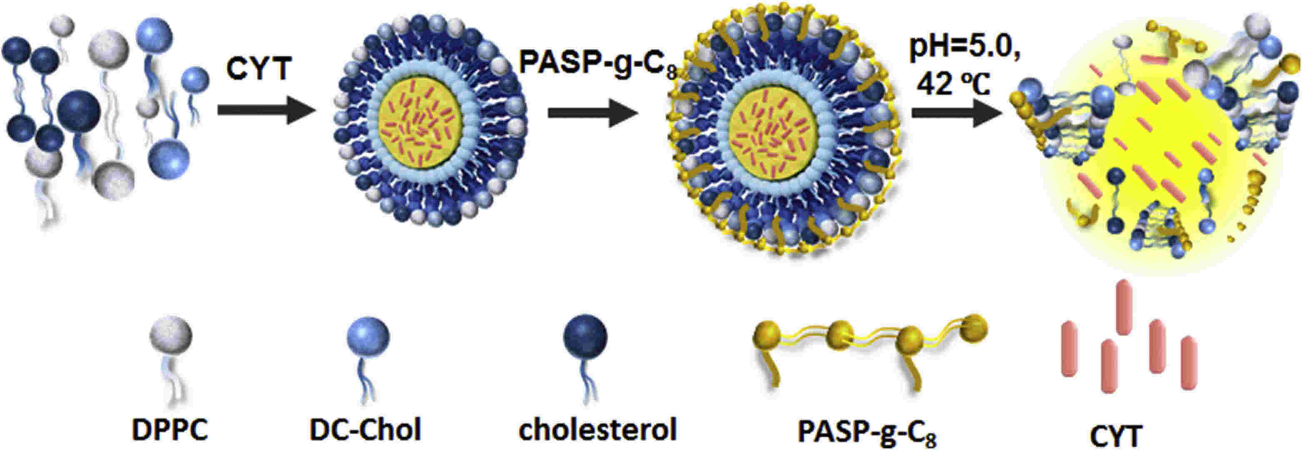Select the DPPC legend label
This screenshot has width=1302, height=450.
click(x=170, y=430)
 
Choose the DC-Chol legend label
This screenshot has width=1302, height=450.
click(x=365, y=430)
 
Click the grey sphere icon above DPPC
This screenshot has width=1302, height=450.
click(x=170, y=336)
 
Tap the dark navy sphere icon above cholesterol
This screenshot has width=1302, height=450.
click(x=585, y=336)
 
